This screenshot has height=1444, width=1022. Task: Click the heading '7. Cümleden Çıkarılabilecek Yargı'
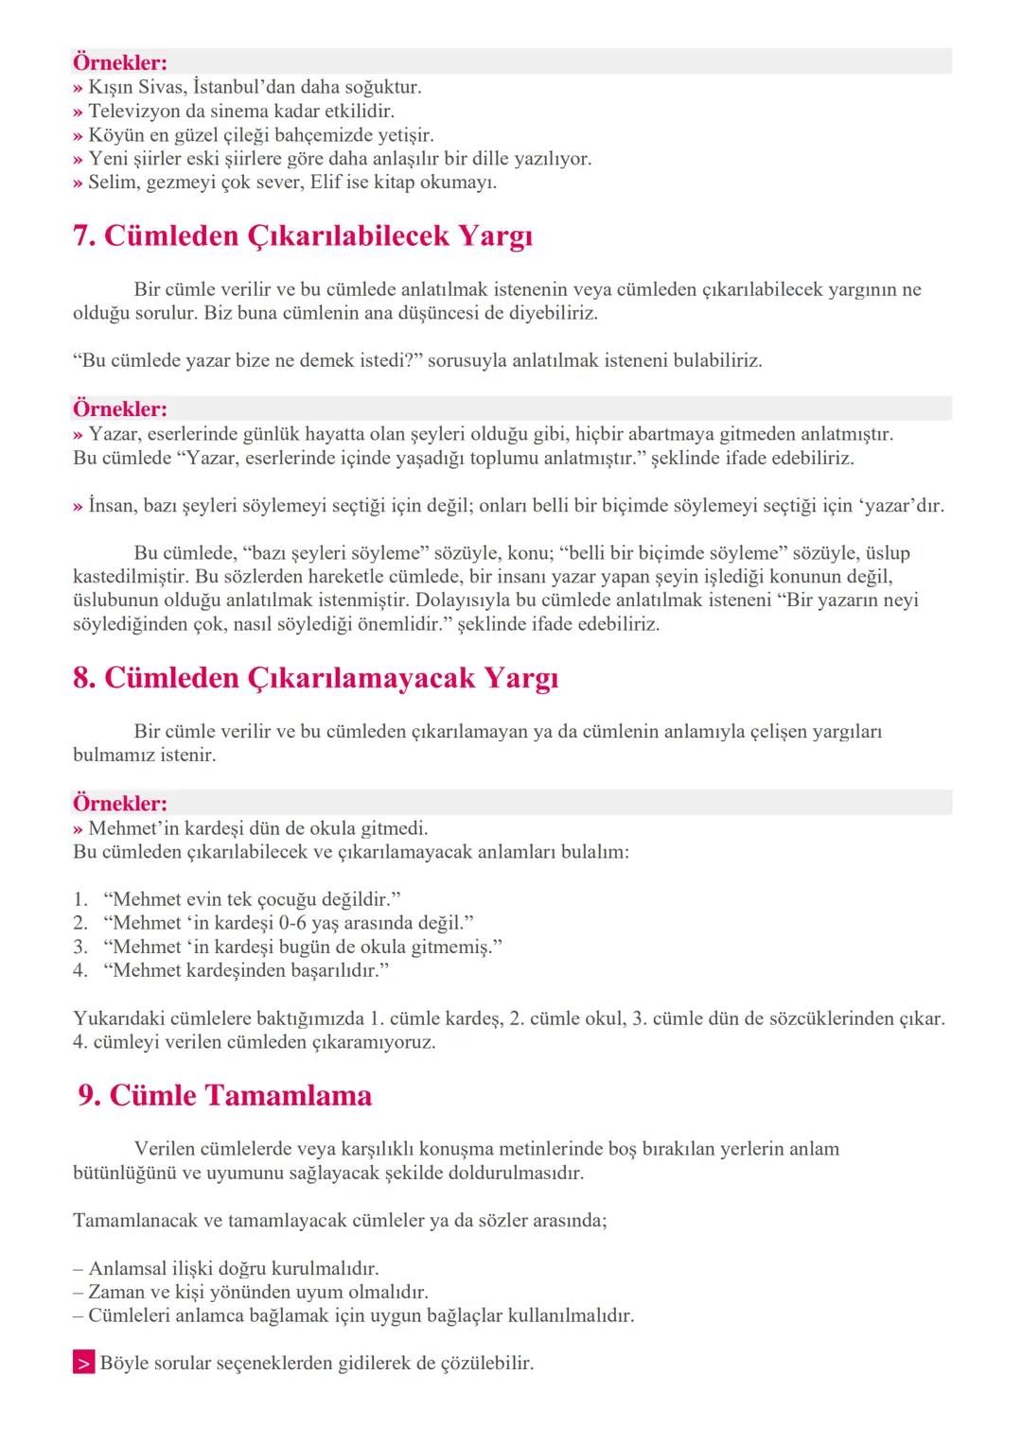(303, 236)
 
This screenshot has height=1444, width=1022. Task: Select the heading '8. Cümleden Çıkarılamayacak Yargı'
(315, 678)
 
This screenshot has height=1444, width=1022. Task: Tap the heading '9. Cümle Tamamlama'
(225, 1095)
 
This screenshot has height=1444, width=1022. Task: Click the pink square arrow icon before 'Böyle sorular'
(83, 1364)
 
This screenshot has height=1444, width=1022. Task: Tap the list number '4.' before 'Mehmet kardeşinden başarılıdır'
(80, 970)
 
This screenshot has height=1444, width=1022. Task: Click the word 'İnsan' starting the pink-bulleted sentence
(113, 506)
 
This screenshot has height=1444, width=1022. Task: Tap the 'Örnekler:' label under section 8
(120, 804)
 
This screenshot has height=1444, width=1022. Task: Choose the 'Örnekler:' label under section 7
(120, 409)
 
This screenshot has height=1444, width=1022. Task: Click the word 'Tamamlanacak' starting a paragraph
(134, 1221)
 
